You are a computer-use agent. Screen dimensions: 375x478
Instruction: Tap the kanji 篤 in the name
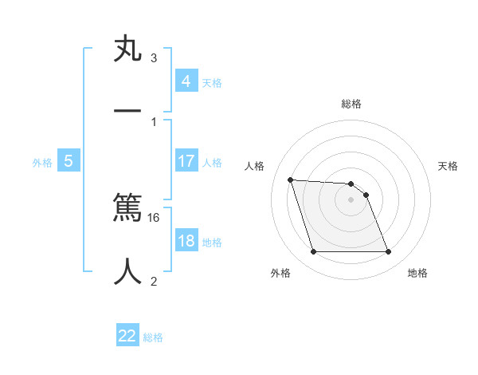pos(128,208)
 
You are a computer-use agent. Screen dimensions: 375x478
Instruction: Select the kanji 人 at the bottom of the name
pos(128,271)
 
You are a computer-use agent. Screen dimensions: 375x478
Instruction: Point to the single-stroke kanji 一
pos(128,112)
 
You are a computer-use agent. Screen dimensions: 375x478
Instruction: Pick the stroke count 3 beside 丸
pos(154,57)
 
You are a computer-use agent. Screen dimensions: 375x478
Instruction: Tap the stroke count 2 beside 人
pos(154,281)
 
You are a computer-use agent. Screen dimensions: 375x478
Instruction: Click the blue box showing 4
pos(186,81)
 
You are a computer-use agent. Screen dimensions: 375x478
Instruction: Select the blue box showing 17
pos(186,161)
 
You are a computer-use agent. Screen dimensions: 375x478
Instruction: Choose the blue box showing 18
pos(186,241)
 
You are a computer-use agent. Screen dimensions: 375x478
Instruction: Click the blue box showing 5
pos(69,161)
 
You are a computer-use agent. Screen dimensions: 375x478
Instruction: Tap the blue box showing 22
pos(127,336)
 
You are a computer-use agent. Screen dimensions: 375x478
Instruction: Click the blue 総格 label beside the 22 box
pos(154,337)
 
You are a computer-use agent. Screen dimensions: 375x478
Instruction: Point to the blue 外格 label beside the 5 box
pos(42,163)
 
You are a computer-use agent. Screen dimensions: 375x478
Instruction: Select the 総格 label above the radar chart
pos(351,104)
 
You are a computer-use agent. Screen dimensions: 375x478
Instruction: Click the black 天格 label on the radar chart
pos(448,166)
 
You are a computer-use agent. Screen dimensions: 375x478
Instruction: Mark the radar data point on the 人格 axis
pos(290,180)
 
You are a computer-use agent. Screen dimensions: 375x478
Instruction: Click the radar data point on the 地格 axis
pos(389,252)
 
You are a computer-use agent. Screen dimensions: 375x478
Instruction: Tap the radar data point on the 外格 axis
pos(313,252)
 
